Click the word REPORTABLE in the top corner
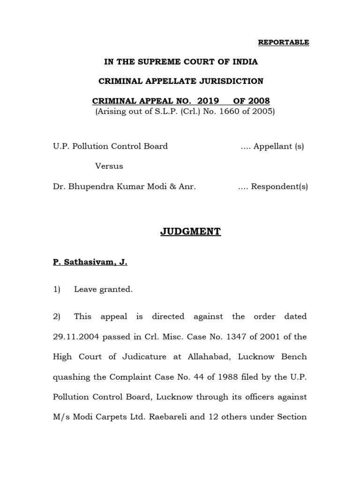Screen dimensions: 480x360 pyautogui.click(x=284, y=42)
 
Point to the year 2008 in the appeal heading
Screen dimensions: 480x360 pyautogui.click(x=259, y=101)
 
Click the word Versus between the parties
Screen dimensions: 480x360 pyautogui.click(x=109, y=166)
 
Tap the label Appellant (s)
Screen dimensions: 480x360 pyautogui.click(x=278, y=146)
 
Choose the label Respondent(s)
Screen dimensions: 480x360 pyautogui.click(x=279, y=186)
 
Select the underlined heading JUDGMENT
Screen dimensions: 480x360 pyautogui.click(x=180, y=232)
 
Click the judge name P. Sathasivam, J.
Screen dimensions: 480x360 pyautogui.click(x=90, y=263)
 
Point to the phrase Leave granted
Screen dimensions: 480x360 pyautogui.click(x=103, y=290)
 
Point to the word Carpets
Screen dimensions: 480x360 pyautogui.click(x=112, y=417)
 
